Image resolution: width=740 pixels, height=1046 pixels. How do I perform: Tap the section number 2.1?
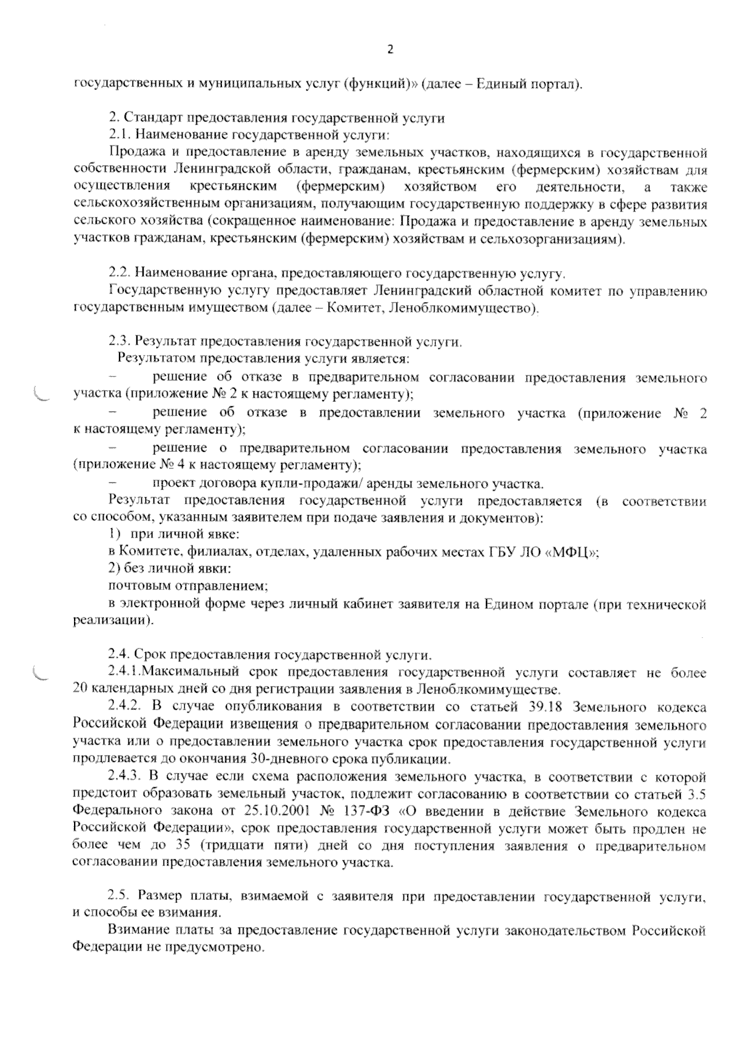click(x=118, y=134)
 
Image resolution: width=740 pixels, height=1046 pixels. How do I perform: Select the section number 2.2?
click(x=118, y=272)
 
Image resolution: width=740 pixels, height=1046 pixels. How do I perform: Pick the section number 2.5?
click(x=118, y=895)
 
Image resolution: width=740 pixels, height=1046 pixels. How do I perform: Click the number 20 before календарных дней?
click(x=80, y=688)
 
